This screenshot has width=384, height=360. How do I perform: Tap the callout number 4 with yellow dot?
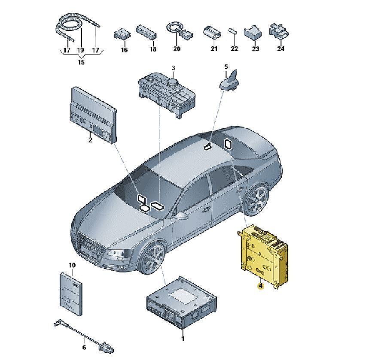point(260,285)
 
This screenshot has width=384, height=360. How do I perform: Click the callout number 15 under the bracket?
point(81,62)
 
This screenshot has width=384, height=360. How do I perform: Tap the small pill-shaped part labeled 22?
point(233,32)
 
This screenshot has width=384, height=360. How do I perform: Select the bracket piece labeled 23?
point(254,32)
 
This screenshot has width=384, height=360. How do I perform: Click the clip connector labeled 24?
point(278,30)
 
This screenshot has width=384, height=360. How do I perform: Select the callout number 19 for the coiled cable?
point(80,50)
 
